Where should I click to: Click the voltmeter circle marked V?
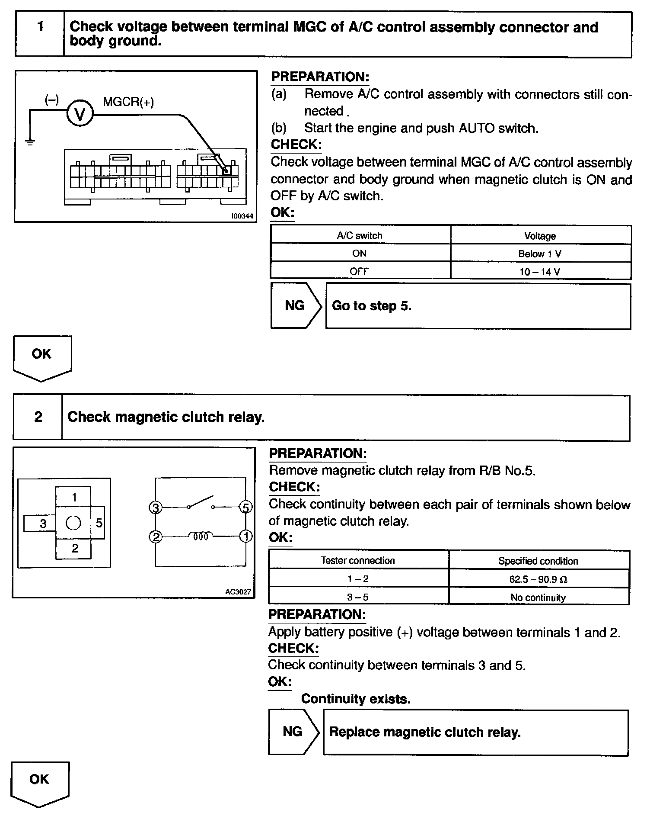coord(80,114)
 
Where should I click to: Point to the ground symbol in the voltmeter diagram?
coord(29,141)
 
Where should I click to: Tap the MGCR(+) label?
coord(128,102)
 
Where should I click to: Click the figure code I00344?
coord(242,216)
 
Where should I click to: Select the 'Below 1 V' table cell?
coord(540,254)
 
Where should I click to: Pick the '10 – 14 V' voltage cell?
coord(540,272)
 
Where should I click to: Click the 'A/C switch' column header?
coord(360,236)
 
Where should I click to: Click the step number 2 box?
coord(38,417)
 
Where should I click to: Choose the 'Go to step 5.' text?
coord(372,306)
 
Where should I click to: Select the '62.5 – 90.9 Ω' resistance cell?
coord(538,579)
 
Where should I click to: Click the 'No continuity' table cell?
coord(538,598)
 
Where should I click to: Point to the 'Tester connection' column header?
coord(358,561)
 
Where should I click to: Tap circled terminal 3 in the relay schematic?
coord(155,508)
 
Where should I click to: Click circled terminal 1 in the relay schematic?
coord(246,537)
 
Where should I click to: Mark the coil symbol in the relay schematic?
coord(201,537)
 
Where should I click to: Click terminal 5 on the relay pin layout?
coord(99,523)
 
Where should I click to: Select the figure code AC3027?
coord(238,592)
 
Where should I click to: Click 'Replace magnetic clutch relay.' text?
coord(425,732)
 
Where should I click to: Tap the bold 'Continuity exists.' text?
coord(356,699)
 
